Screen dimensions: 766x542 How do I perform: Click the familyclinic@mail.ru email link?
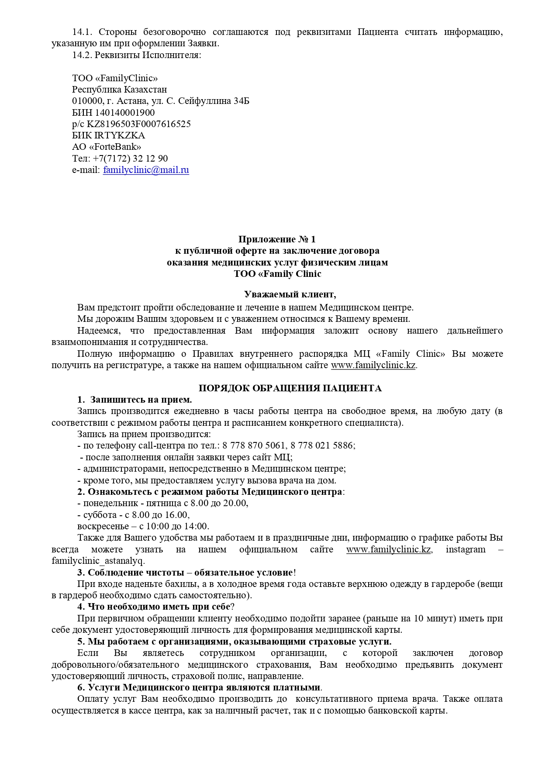click(x=146, y=170)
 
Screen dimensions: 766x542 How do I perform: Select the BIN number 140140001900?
click(x=125, y=113)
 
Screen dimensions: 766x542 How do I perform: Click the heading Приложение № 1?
click(x=277, y=239)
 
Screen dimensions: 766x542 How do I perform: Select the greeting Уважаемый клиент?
click(x=290, y=294)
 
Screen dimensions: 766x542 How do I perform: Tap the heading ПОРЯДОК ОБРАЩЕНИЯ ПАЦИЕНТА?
click(x=290, y=388)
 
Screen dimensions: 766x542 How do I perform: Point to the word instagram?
click(x=466, y=549)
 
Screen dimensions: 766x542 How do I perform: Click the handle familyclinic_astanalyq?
click(x=97, y=561)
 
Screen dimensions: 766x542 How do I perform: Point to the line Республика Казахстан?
click(x=119, y=90)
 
